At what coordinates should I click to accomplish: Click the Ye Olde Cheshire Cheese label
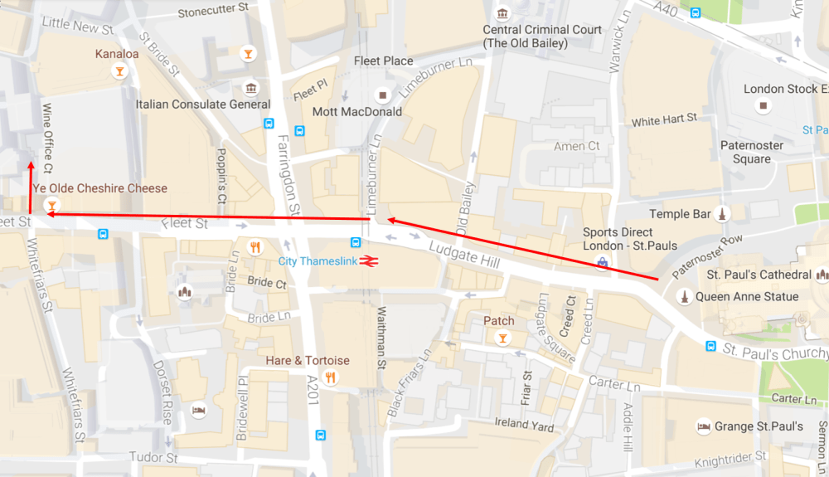tap(99, 188)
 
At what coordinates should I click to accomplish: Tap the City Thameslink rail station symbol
tap(369, 261)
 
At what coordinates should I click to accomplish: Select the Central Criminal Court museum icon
tap(502, 13)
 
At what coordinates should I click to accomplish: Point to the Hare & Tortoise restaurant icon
tap(331, 378)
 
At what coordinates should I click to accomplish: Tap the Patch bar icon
tap(502, 338)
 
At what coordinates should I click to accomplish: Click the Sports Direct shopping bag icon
tap(603, 263)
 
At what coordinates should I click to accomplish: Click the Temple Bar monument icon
tap(722, 214)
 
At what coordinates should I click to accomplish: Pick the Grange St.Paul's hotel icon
tap(703, 426)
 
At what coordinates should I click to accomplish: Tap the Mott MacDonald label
tap(356, 111)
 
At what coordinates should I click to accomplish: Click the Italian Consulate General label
tap(203, 105)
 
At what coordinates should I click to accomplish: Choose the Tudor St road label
tap(153, 458)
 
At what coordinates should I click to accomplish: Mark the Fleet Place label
tap(383, 61)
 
